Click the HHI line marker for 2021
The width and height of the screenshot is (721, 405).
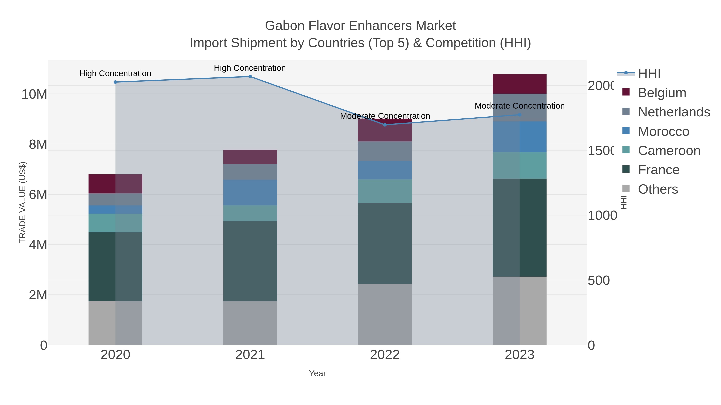(250, 77)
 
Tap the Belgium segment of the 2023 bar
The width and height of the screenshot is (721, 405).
(520, 84)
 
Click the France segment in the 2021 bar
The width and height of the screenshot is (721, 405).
(250, 261)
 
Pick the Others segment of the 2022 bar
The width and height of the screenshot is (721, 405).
(385, 314)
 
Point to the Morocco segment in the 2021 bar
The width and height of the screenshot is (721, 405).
(250, 193)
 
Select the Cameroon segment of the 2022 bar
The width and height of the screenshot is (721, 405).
(385, 191)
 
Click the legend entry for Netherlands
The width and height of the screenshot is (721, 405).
(674, 112)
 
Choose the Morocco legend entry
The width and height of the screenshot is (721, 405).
(663, 131)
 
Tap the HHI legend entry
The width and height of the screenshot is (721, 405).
(649, 74)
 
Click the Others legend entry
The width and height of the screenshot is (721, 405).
(658, 189)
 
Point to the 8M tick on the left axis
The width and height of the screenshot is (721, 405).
(38, 145)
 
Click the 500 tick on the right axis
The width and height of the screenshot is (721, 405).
(598, 281)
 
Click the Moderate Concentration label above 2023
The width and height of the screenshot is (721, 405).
(520, 106)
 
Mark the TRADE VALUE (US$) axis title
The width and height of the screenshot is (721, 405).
(22, 202)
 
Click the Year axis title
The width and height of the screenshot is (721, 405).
(317, 373)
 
